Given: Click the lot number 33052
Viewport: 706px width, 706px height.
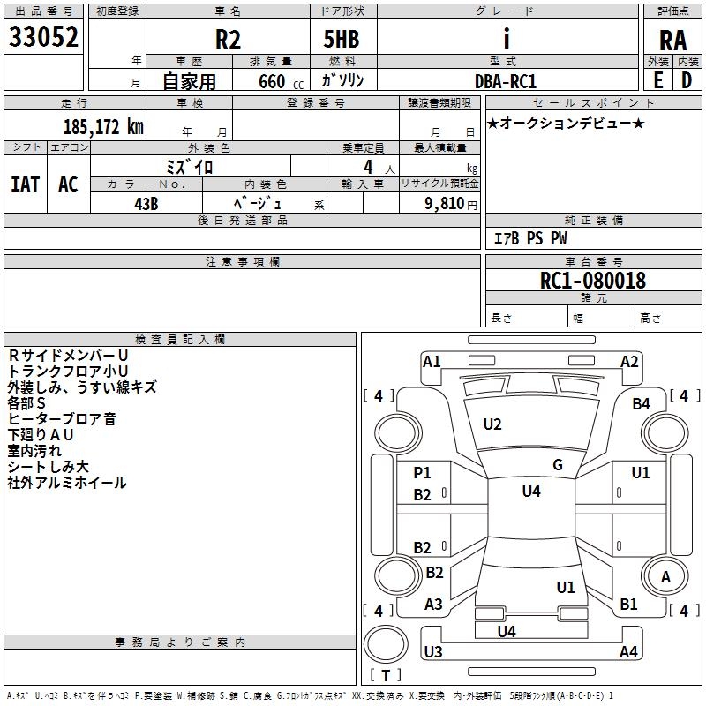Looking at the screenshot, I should [44, 37].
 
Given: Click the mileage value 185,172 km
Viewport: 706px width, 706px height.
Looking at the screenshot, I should [103, 126].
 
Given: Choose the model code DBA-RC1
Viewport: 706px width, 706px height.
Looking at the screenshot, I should [506, 80].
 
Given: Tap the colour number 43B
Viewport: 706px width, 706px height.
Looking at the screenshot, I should [146, 202].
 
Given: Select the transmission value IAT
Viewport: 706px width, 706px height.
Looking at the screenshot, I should [25, 184].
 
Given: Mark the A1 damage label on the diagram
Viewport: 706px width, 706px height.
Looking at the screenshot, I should [432, 361].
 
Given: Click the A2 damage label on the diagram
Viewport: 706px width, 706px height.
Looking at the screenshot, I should [629, 361].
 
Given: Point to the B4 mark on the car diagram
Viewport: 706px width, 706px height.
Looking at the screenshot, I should [641, 404].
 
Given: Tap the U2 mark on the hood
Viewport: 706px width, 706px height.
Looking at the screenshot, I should [492, 424].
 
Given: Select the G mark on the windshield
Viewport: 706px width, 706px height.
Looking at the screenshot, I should [558, 465].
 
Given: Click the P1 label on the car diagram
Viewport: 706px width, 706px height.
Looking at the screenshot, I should [423, 473].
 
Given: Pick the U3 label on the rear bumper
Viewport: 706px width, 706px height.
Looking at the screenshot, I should [432, 652].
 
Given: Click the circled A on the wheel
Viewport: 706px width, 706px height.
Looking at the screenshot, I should [665, 577].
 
